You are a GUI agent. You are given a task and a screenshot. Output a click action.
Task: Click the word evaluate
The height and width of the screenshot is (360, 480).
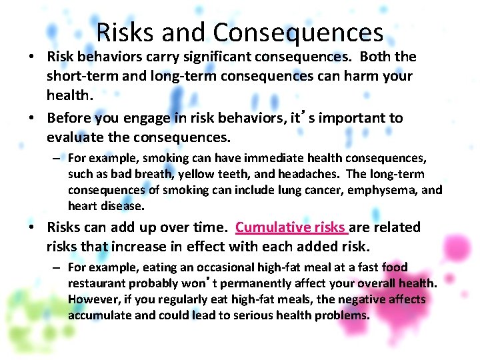[x=78, y=138]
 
